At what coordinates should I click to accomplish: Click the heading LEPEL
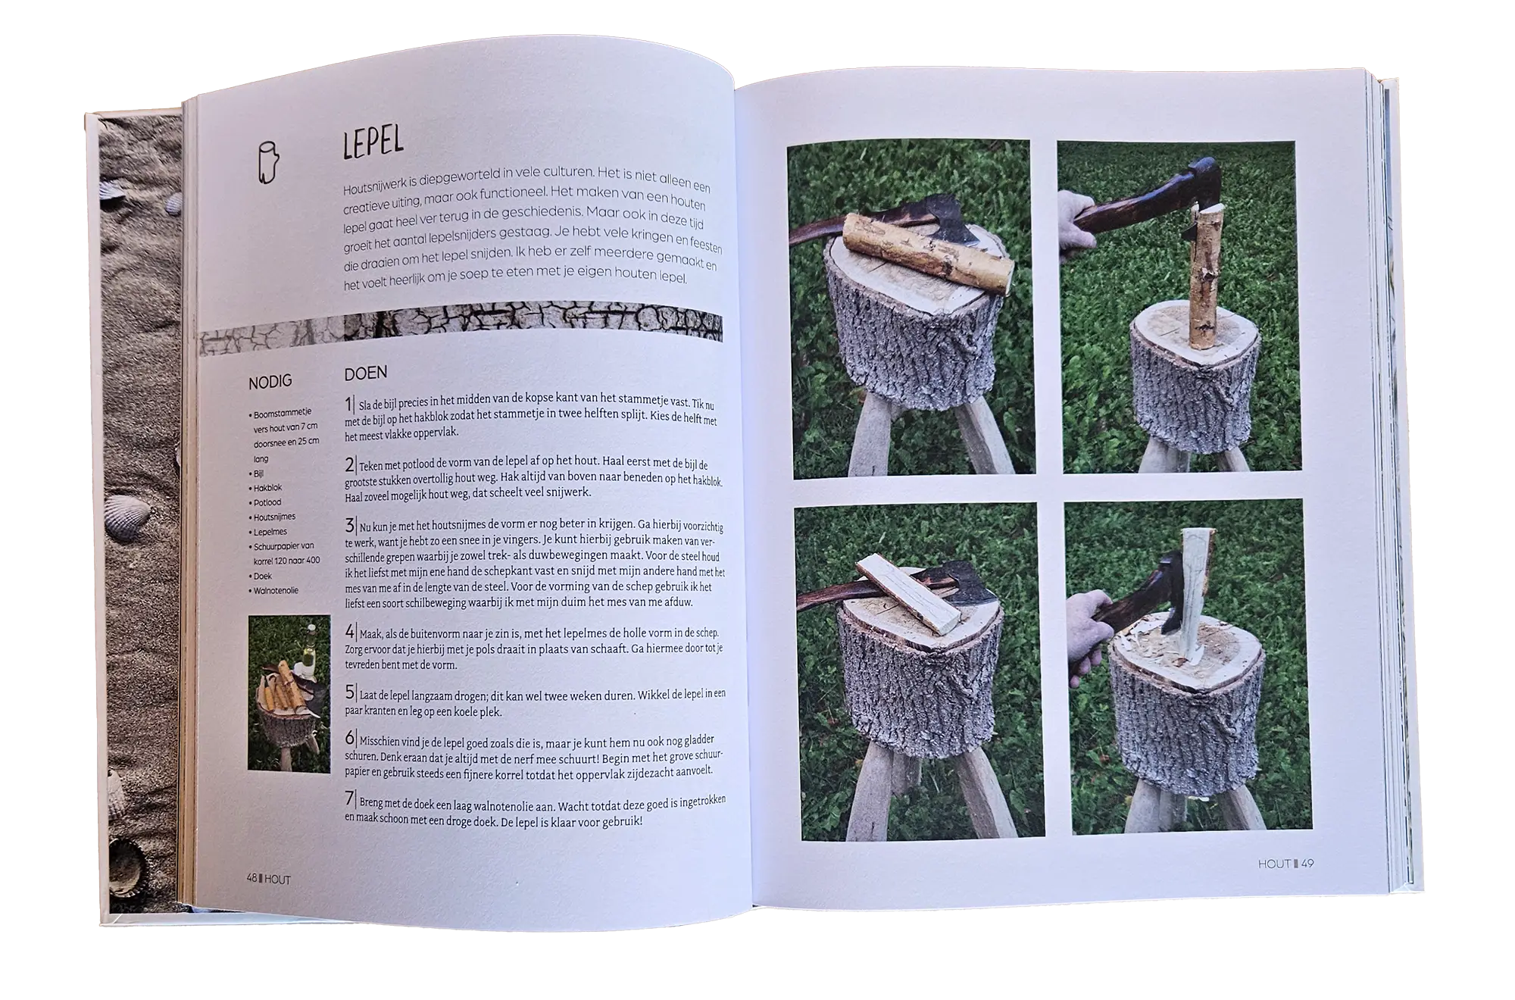coord(373,142)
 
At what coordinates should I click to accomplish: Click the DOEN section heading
coord(365,373)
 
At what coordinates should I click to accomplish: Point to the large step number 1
coord(349,403)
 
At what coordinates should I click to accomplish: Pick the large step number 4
coord(350,631)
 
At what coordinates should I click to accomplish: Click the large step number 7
coord(349,798)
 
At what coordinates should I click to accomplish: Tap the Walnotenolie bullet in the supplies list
coord(276,590)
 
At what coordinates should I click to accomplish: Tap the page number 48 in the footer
coord(252,878)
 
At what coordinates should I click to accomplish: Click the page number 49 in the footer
coord(1307,863)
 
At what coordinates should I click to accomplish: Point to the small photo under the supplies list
coord(289,693)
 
